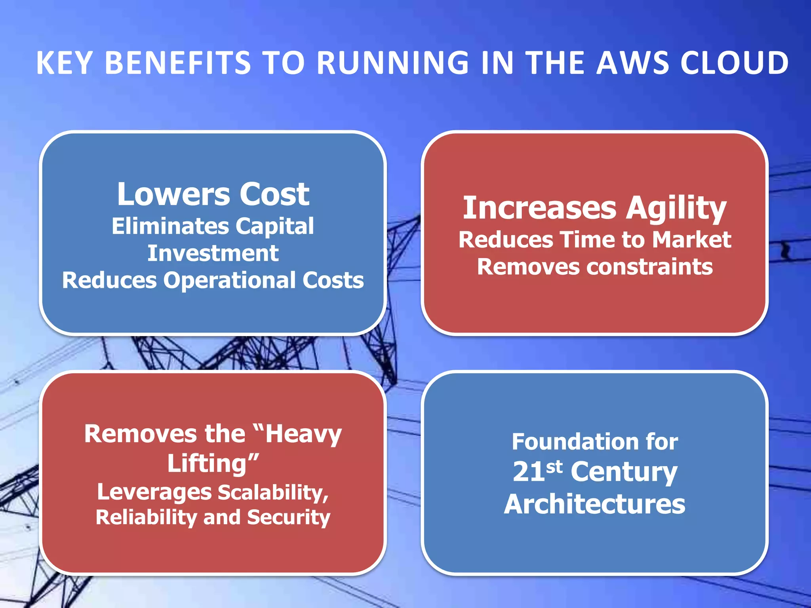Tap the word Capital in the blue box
click(x=275, y=226)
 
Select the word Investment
click(x=213, y=253)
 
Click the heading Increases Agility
click(x=595, y=208)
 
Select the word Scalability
click(x=273, y=493)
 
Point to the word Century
click(x=624, y=472)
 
